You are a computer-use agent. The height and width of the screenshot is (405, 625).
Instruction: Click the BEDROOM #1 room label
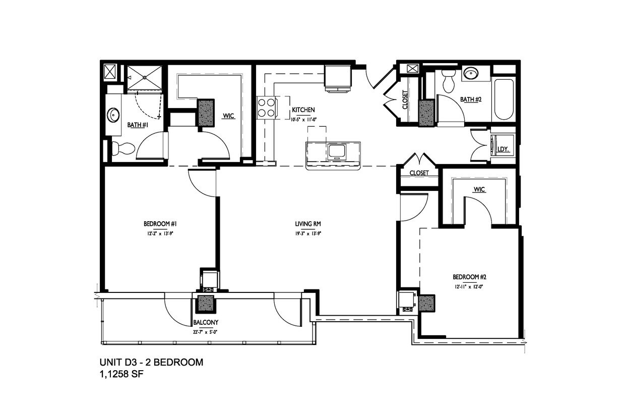(159, 224)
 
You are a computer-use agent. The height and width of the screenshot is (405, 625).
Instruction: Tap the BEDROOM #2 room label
(469, 277)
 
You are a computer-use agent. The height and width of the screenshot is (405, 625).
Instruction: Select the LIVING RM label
(308, 224)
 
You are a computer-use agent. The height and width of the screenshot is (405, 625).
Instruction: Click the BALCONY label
(206, 322)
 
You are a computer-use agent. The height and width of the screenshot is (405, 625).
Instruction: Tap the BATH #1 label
(137, 124)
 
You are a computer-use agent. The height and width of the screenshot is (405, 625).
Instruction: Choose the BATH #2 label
(472, 99)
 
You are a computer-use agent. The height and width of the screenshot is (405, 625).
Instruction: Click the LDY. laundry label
(503, 149)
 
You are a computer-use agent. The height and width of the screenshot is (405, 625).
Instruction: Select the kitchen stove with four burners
(267, 108)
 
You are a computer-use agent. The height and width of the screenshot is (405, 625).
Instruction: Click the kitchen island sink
(336, 151)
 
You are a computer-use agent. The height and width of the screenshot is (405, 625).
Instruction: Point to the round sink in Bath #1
(113, 115)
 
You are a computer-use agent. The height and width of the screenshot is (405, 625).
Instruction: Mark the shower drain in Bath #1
(144, 77)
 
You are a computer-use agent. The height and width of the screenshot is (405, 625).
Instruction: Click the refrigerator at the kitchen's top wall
(337, 78)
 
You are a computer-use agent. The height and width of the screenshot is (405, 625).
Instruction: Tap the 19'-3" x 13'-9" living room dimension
(308, 233)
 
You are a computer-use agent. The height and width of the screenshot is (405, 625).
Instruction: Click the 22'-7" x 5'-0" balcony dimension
(206, 332)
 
